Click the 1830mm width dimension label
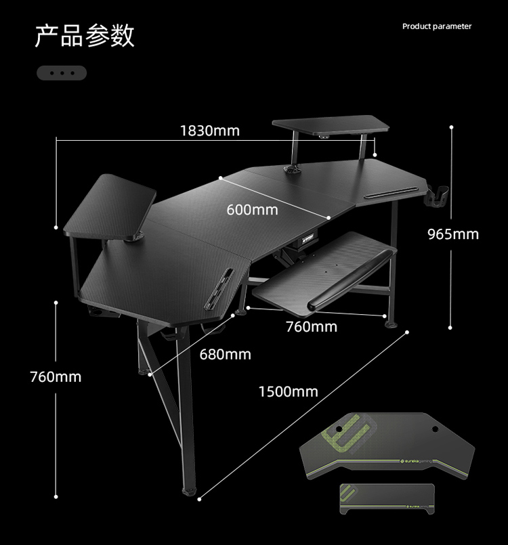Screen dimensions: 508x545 [x=209, y=130]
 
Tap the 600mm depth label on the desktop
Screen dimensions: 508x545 [x=252, y=210]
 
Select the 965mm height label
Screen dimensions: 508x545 [x=452, y=234]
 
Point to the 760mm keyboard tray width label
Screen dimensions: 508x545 [x=311, y=327]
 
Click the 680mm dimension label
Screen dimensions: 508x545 [x=225, y=354]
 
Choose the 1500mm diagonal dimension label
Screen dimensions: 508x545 [x=288, y=391]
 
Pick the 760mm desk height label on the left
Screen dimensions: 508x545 [x=56, y=376]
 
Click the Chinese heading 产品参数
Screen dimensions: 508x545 [x=85, y=35]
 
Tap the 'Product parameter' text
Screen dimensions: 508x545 [x=437, y=26]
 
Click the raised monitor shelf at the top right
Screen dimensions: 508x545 [x=331, y=126]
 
